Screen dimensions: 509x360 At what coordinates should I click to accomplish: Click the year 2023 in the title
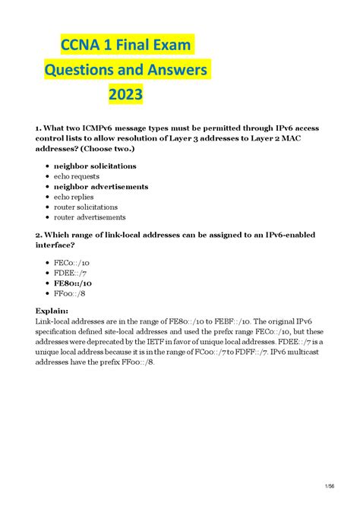point(125,96)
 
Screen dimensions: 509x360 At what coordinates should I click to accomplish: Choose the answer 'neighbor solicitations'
point(95,166)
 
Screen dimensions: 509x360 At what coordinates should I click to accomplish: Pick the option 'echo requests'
point(76,176)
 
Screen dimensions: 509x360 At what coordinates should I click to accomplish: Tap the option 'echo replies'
point(73,197)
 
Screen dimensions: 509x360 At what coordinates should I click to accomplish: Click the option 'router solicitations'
point(85,207)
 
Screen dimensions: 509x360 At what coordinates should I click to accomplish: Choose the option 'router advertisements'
point(90,217)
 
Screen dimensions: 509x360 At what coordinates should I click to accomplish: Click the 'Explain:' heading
point(52,310)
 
